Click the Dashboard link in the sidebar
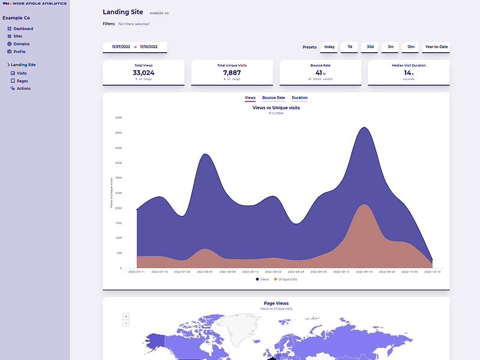[x=23, y=29]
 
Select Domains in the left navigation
[x=21, y=44]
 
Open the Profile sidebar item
[x=19, y=52]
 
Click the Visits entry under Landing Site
[x=22, y=73]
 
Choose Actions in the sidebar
[x=23, y=88]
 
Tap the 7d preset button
[x=350, y=47]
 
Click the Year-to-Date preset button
[x=436, y=47]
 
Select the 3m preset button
[x=391, y=47]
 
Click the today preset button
[x=329, y=47]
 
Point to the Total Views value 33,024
[x=143, y=73]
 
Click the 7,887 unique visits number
[x=232, y=73]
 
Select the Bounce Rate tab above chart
[x=274, y=97]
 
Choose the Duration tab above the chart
[x=299, y=97]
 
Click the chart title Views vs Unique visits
[x=276, y=108]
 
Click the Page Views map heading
[x=276, y=304]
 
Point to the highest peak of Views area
[x=363, y=128]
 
